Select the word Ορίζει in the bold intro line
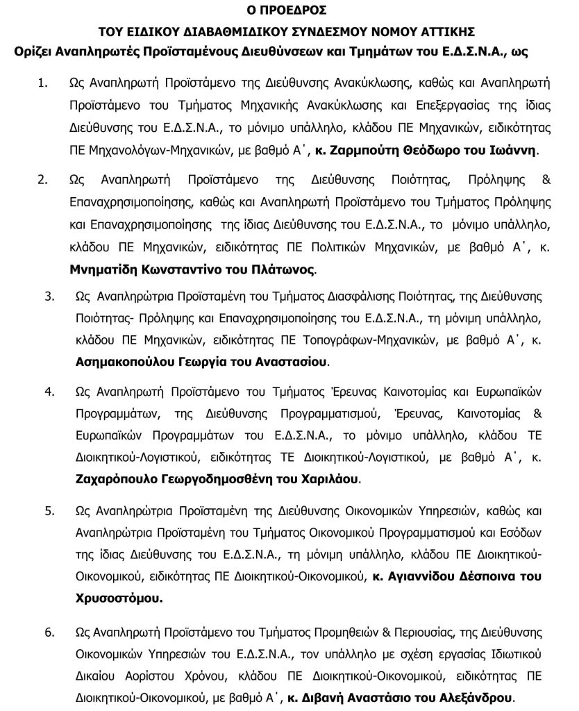[x=41, y=51]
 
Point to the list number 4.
[x=49, y=392]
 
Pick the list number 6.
[x=49, y=633]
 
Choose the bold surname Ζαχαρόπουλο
[x=117, y=479]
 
